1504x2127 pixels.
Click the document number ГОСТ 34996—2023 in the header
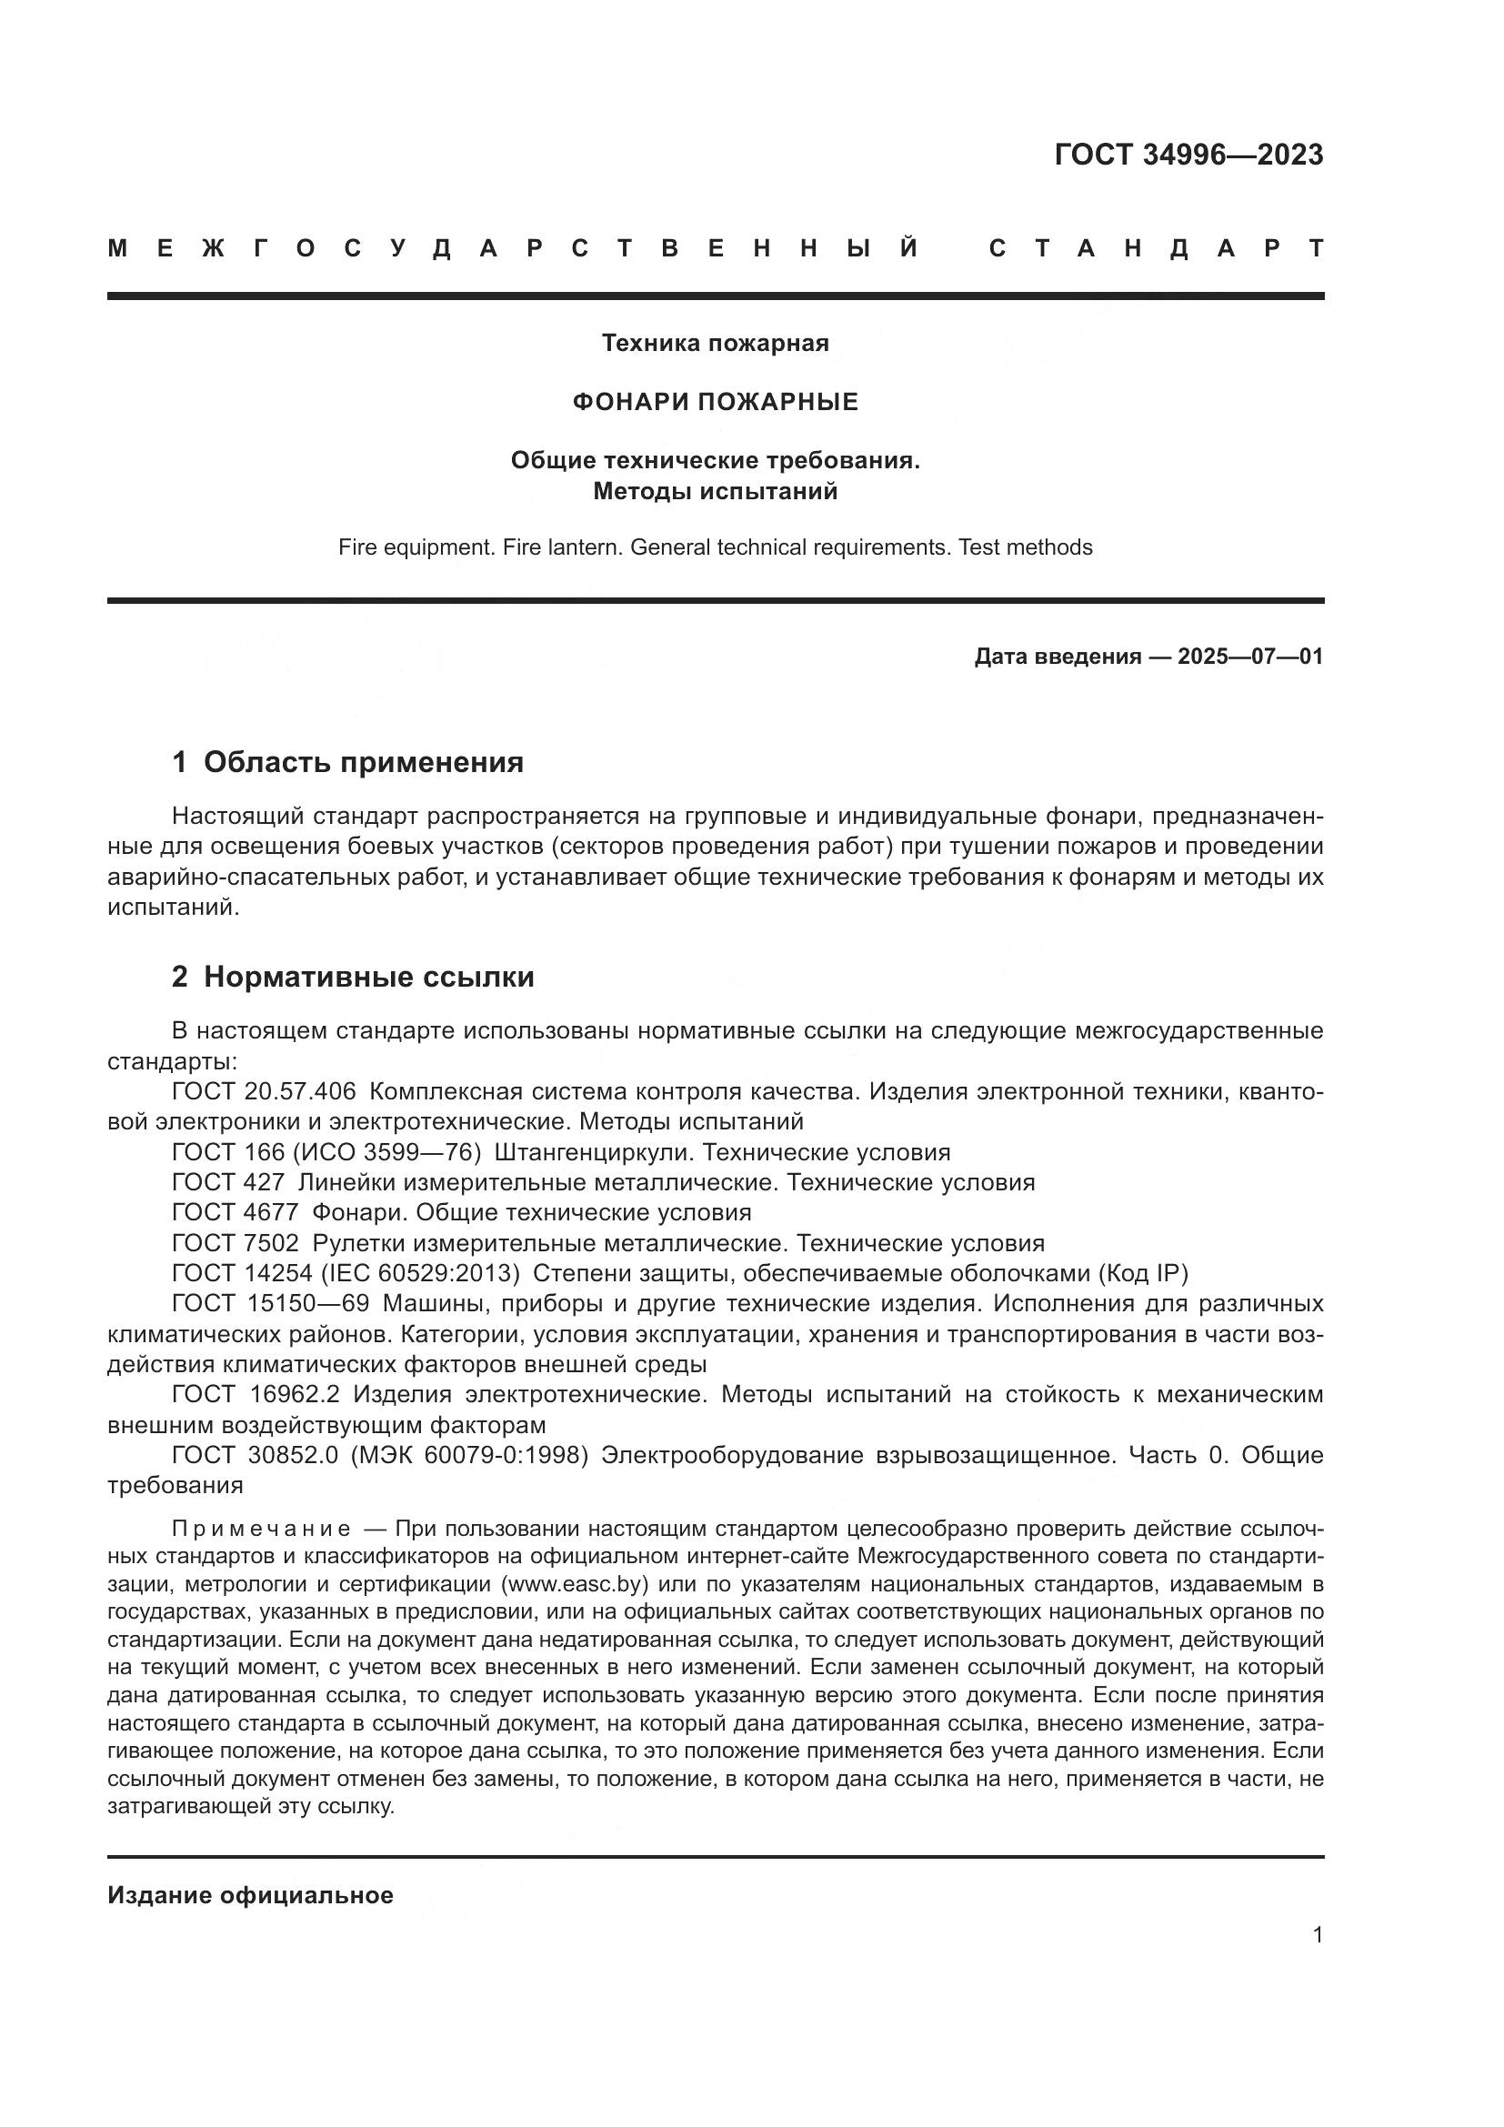[x=1188, y=155]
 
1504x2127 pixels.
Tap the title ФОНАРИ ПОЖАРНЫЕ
[x=715, y=402]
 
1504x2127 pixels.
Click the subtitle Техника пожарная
[x=715, y=344]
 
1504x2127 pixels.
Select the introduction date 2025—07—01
[x=1250, y=657]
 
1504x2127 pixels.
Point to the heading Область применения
[x=363, y=762]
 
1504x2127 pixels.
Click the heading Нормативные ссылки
[x=368, y=978]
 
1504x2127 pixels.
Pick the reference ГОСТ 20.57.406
[x=264, y=1092]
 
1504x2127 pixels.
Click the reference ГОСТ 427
[x=228, y=1183]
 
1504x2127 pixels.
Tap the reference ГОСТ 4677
[x=236, y=1213]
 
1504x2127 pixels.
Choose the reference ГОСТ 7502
[x=236, y=1243]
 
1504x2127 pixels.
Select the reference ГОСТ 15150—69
[x=270, y=1304]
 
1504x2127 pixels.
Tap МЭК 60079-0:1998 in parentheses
[x=469, y=1455]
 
